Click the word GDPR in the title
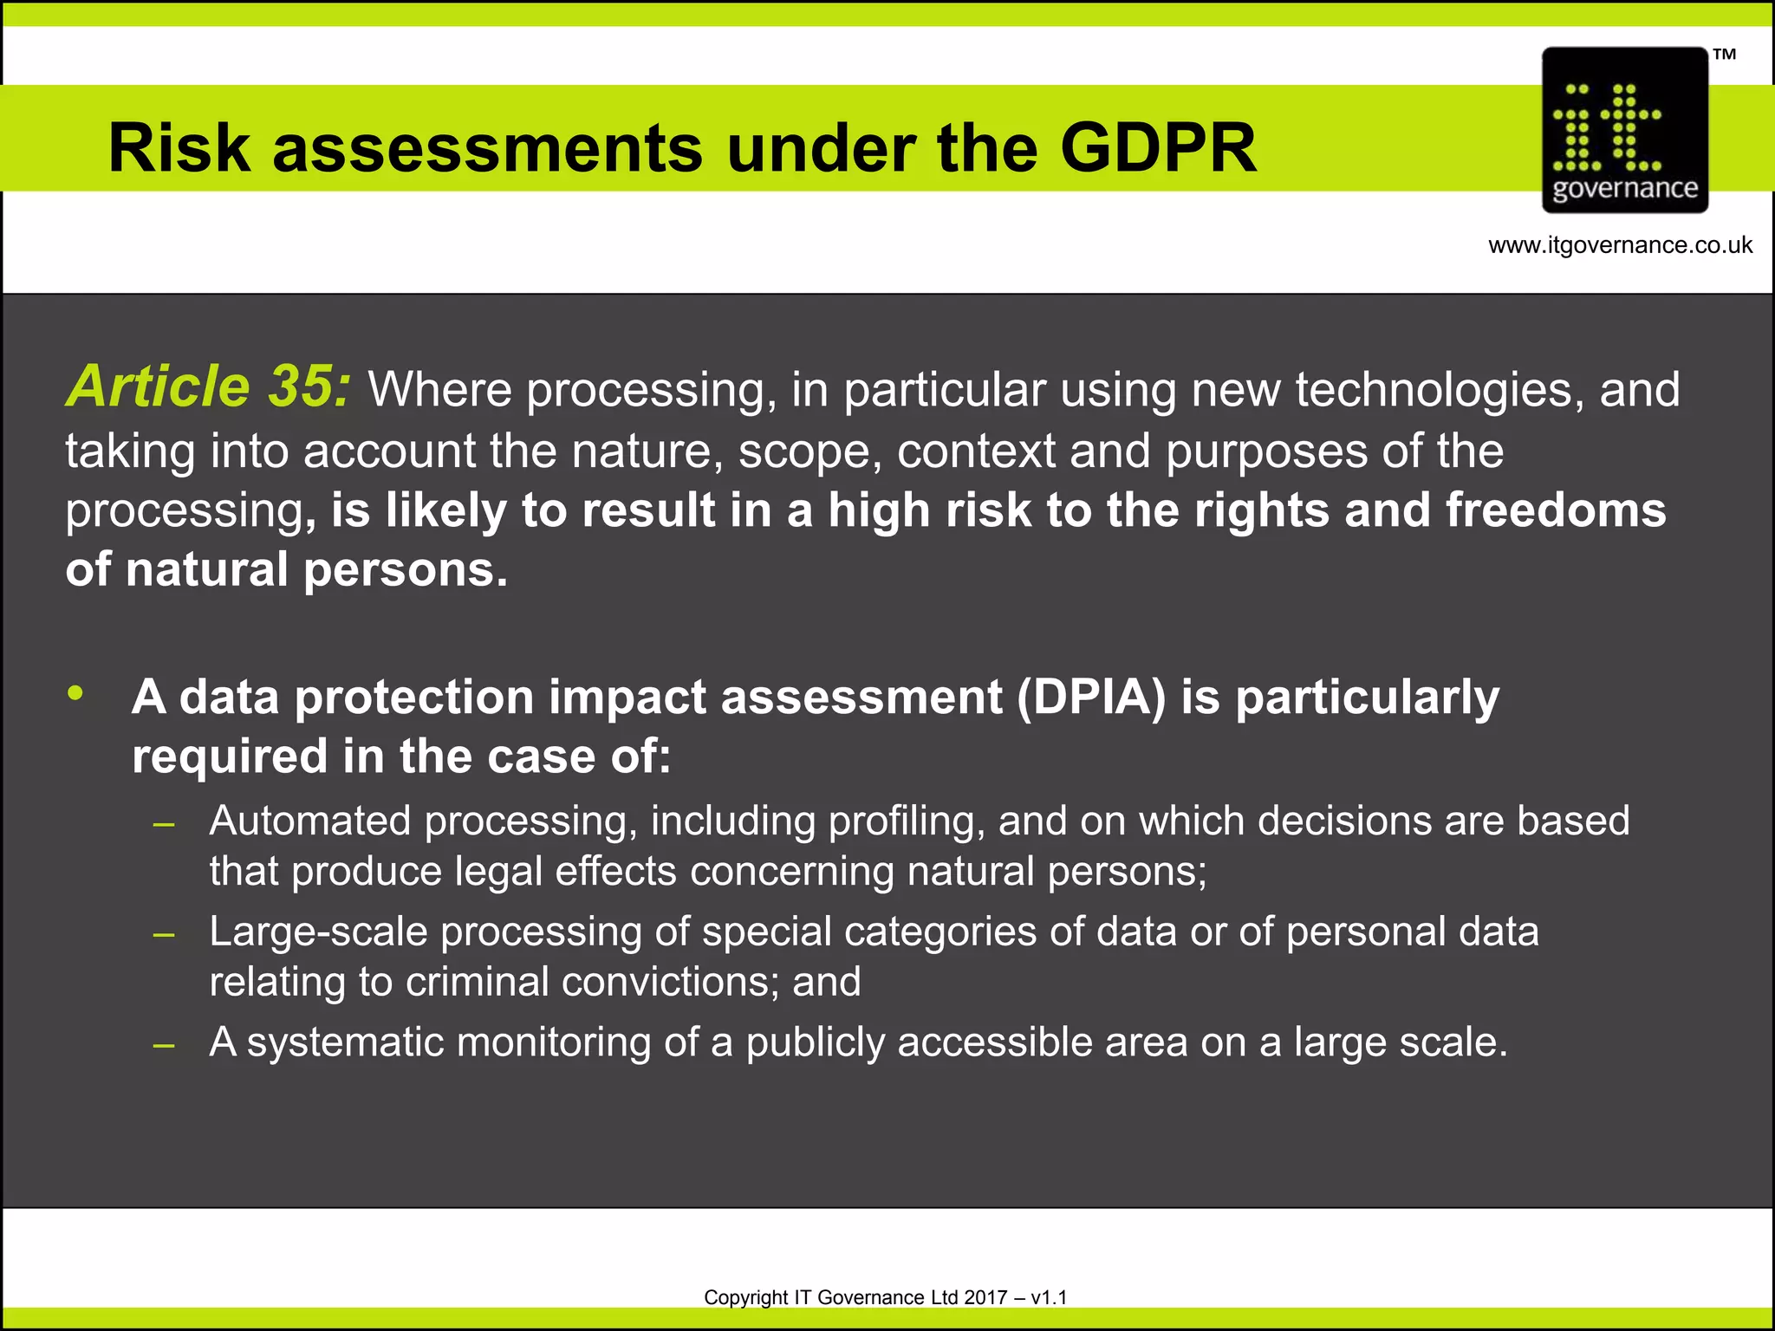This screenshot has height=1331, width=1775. pos(1158,147)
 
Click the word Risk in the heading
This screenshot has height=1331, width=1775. pos(179,147)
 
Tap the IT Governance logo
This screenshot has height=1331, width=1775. pos(1625,130)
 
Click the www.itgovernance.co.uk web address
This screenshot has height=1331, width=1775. pos(1620,245)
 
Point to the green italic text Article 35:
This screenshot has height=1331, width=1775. pos(209,386)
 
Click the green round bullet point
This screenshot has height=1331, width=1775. pos(76,692)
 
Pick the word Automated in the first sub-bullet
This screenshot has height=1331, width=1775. pos(309,821)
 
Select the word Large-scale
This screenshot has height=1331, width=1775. pos(318,932)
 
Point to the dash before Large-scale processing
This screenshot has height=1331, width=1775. pos(164,935)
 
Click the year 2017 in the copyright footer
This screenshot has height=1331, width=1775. pos(985,1297)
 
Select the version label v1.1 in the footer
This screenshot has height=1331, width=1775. pos(1050,1297)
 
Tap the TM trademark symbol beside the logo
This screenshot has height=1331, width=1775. pos(1724,55)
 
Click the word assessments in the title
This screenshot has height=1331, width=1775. pos(487,147)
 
